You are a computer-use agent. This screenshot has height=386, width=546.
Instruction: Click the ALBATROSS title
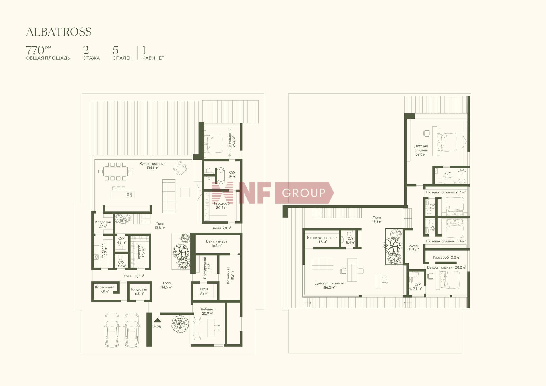[x=59, y=32]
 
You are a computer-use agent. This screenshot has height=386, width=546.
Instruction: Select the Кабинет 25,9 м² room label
[x=208, y=311]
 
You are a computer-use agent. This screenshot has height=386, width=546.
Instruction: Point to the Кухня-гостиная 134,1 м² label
[x=152, y=166]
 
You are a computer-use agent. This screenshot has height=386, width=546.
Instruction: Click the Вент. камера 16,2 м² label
[x=217, y=243]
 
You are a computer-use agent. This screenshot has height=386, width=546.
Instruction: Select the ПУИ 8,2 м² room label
[x=204, y=291]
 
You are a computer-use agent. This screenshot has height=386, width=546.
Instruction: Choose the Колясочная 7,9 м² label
[x=105, y=289]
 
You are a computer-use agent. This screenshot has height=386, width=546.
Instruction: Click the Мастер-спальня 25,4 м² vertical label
[x=232, y=142]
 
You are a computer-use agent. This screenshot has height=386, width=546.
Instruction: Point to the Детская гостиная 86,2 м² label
[x=329, y=285]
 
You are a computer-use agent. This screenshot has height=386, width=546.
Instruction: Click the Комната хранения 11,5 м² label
[x=322, y=240]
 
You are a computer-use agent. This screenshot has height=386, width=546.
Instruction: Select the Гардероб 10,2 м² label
[x=446, y=257]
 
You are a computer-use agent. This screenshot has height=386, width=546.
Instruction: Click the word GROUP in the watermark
[x=304, y=193]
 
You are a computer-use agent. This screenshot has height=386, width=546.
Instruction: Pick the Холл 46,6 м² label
[x=377, y=219]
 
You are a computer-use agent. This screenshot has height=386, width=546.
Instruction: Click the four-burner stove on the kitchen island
[x=129, y=195]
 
